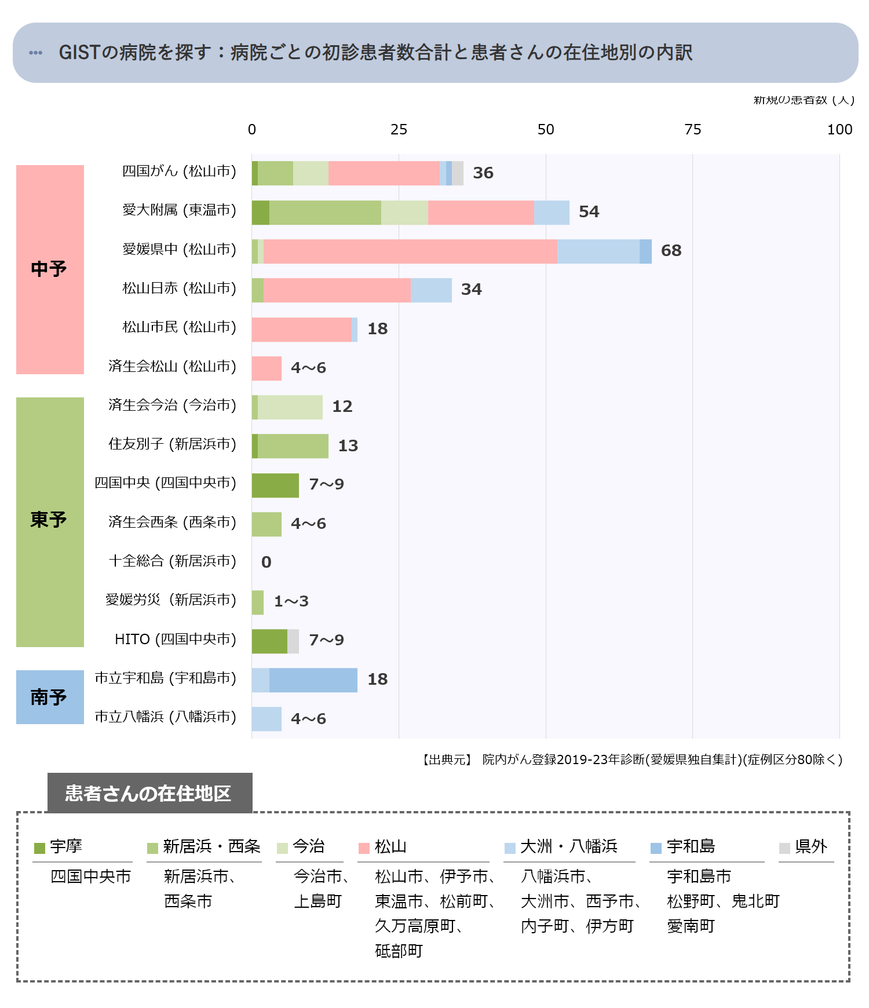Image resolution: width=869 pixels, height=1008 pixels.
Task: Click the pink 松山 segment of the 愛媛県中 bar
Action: click(x=410, y=251)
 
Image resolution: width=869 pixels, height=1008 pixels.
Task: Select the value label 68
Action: click(x=671, y=251)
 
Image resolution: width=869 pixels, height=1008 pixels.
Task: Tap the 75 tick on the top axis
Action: click(x=692, y=130)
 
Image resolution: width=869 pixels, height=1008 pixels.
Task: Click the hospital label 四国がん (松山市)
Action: click(x=179, y=171)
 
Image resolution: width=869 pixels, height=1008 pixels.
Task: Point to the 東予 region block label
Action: click(x=49, y=520)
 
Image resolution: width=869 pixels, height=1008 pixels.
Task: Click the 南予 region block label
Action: click(x=49, y=697)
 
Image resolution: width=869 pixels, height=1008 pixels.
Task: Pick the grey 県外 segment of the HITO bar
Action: click(x=293, y=641)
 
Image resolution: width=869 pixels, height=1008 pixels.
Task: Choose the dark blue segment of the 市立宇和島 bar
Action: click(x=313, y=680)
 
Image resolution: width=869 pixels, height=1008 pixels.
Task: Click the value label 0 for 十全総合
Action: click(x=266, y=562)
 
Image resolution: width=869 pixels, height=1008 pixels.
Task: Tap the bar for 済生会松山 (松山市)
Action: click(x=266, y=368)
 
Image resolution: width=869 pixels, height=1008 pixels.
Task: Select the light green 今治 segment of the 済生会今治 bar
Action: click(x=290, y=407)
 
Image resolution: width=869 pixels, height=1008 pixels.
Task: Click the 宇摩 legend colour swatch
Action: click(x=39, y=848)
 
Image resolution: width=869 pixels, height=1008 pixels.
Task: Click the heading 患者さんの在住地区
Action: click(x=148, y=793)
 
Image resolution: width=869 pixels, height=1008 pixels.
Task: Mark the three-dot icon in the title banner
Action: click(x=35, y=53)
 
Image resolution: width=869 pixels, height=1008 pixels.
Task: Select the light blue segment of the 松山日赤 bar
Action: click(x=431, y=290)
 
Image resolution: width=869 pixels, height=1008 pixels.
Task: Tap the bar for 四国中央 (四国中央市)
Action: click(x=275, y=485)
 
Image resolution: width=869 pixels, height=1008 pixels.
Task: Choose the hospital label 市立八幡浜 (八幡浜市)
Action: click(x=166, y=717)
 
